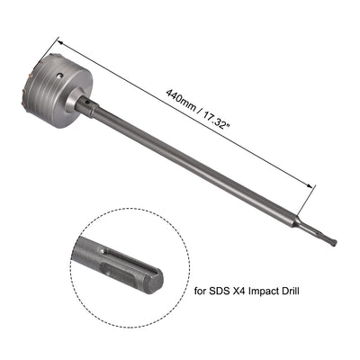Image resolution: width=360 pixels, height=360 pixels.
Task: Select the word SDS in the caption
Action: tap(225, 291)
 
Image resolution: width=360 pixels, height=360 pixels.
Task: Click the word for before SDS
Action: tap(203, 291)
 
